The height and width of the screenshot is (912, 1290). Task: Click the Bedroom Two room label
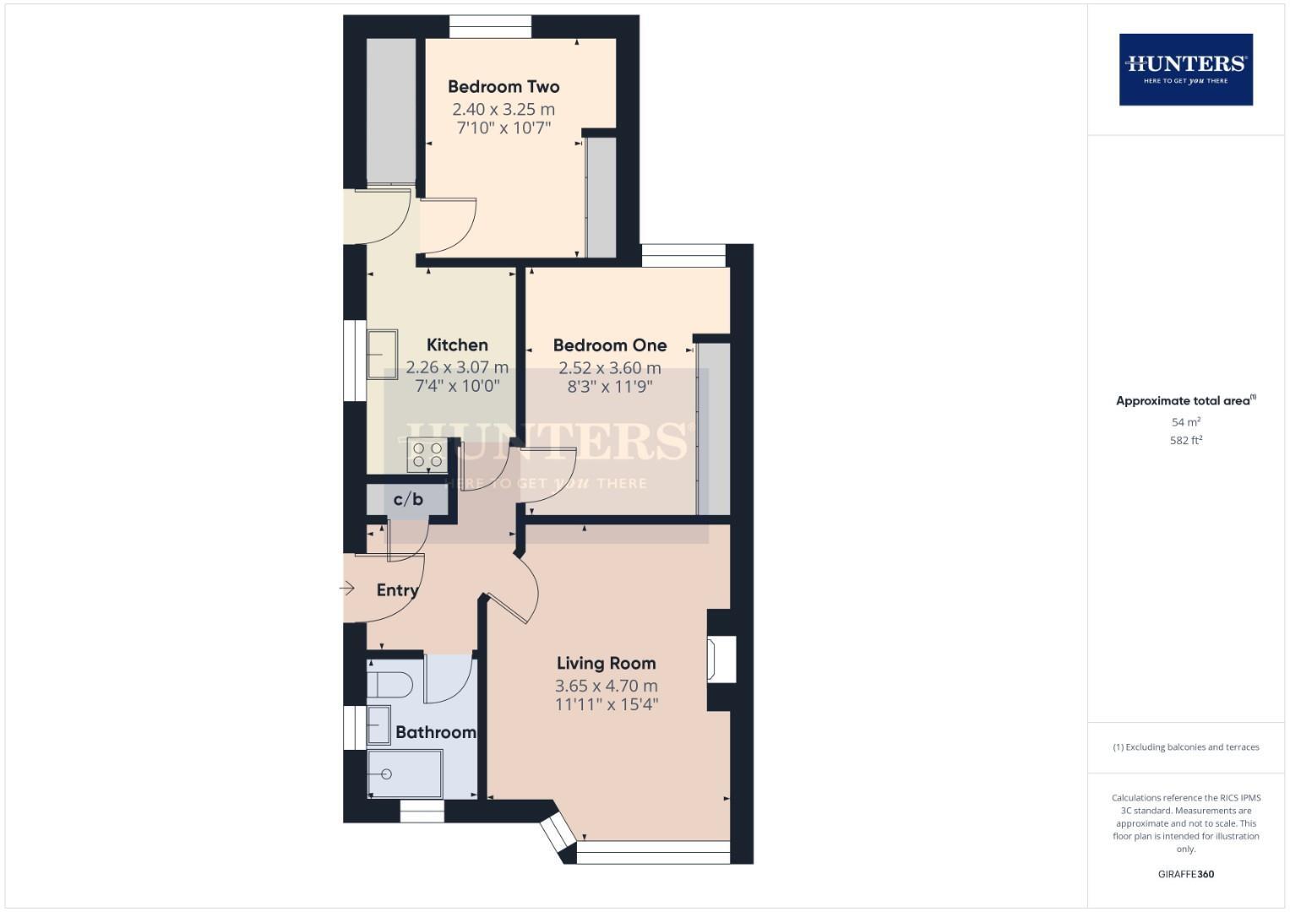coord(503,87)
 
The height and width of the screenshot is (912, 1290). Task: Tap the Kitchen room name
coord(457,345)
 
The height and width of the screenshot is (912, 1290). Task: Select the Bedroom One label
coord(609,345)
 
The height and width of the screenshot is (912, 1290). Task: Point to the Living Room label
coord(606,664)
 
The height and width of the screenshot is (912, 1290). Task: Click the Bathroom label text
coord(435,732)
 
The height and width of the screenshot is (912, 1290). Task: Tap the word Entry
coord(397,590)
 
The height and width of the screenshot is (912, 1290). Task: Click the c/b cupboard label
coord(408,499)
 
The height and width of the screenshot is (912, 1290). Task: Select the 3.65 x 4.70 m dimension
coord(606,686)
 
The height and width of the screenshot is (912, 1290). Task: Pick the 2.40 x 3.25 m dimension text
coord(503,109)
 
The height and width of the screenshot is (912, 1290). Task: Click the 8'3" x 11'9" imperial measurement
coord(609,387)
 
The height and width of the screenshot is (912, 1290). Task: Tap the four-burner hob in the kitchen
coord(427,456)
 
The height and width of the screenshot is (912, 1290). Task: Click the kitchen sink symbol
coord(383,355)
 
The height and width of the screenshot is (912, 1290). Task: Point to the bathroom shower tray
coord(405,774)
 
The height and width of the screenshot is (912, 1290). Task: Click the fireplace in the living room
coord(721,659)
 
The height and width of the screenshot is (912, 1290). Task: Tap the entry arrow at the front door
coord(347,589)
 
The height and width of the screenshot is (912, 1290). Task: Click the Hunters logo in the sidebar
coord(1185,69)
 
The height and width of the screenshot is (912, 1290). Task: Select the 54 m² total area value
coord(1185,421)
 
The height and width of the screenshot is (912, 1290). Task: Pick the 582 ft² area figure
coord(1185,440)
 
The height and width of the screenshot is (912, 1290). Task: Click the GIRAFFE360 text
coord(1185,874)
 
